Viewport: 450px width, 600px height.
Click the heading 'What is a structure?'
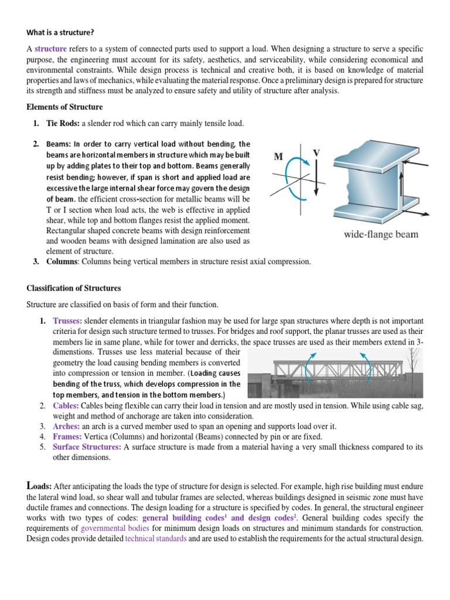click(61, 32)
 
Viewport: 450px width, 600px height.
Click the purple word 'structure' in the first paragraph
click(50, 49)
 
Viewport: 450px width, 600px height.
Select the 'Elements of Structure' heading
click(64, 107)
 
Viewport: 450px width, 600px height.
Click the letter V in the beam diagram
click(316, 153)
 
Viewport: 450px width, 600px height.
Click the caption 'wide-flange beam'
click(381, 234)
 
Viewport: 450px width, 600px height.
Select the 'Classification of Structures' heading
click(74, 288)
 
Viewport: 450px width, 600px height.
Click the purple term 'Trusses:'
click(67, 321)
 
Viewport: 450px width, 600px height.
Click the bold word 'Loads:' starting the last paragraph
click(40, 486)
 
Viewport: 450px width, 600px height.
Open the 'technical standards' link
click(156, 538)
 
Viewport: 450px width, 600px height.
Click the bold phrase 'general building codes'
click(183, 518)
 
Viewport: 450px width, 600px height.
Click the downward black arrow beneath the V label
click(316, 179)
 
